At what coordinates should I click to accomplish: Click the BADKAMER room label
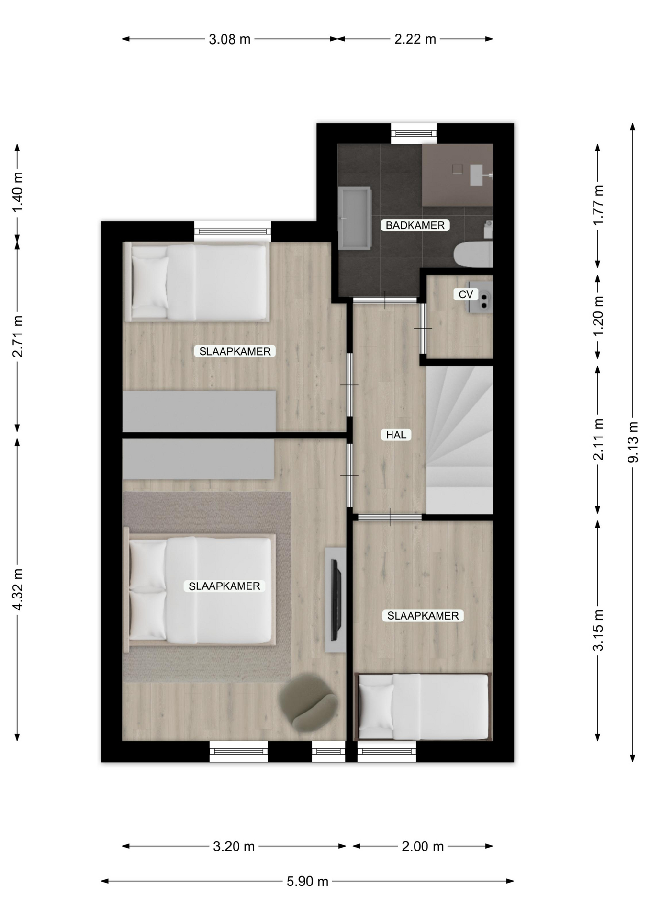(x=415, y=225)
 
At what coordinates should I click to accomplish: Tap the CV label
(x=466, y=294)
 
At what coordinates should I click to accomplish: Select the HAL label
(x=396, y=435)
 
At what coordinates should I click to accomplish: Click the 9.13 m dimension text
(x=633, y=442)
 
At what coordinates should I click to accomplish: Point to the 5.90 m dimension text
(x=307, y=881)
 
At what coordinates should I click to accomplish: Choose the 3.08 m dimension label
(x=230, y=39)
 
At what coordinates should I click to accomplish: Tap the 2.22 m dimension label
(x=415, y=39)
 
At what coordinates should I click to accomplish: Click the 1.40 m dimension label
(x=18, y=193)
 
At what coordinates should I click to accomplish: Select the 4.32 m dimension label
(x=18, y=590)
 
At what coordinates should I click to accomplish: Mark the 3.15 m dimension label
(x=598, y=631)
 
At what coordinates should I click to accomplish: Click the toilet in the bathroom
(x=473, y=254)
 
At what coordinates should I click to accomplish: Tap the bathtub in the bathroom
(x=355, y=218)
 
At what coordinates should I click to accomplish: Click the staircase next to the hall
(x=459, y=439)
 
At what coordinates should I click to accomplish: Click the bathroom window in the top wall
(x=414, y=134)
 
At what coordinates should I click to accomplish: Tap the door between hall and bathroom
(x=385, y=300)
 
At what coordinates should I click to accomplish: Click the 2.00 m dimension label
(x=423, y=846)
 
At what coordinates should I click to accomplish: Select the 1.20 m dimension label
(x=598, y=316)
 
